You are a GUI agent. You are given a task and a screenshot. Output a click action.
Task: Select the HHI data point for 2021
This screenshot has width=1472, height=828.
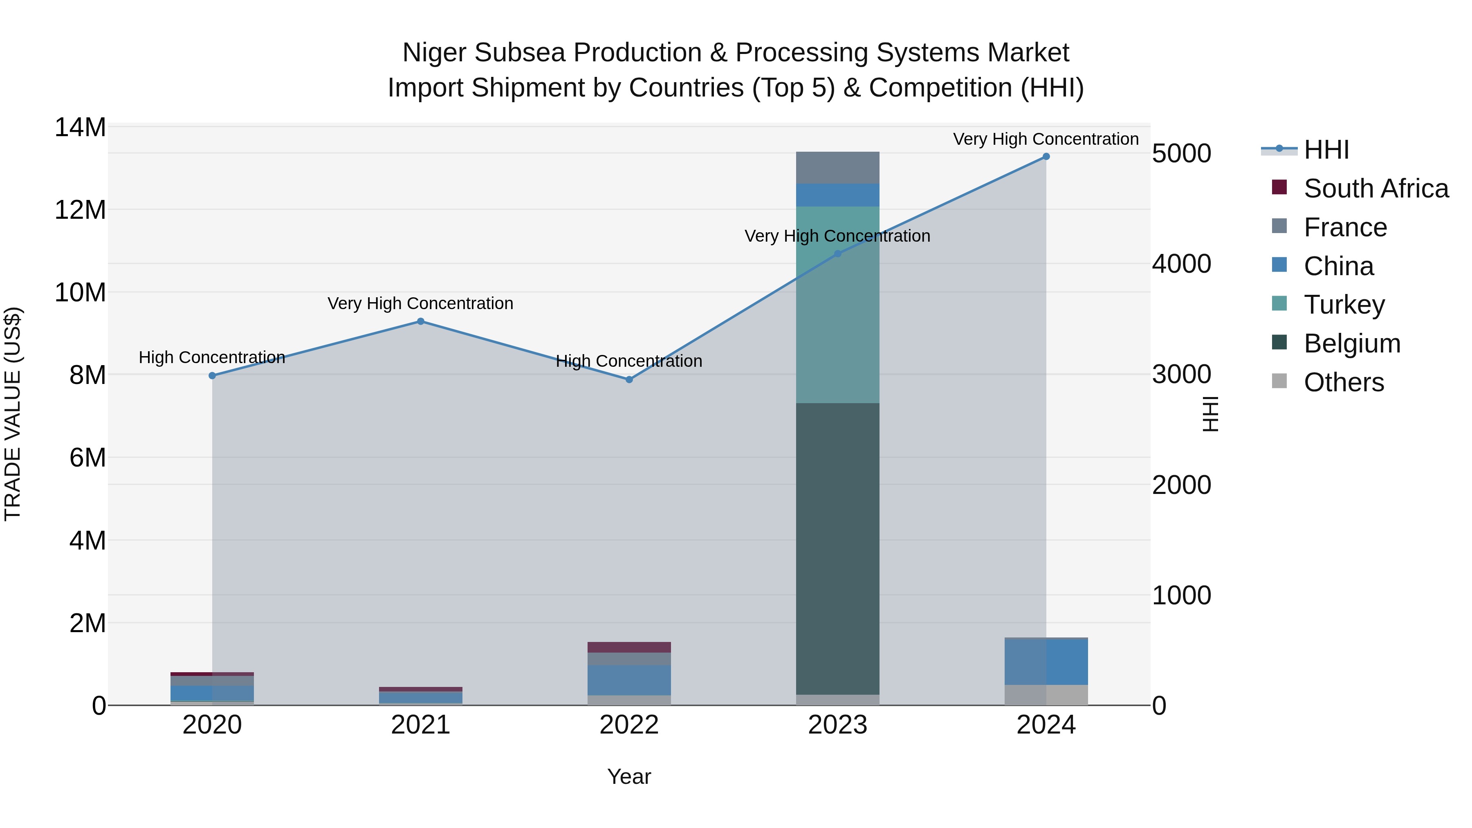tap(421, 322)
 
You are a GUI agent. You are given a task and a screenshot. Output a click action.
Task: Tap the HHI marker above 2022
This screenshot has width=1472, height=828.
tap(629, 379)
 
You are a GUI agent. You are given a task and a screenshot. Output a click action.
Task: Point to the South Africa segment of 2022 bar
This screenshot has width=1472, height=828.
tap(629, 647)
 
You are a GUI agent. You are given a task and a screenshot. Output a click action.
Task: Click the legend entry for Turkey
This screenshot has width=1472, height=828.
tap(1344, 305)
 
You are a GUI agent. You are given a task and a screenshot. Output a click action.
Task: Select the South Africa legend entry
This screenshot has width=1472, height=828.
tap(1376, 188)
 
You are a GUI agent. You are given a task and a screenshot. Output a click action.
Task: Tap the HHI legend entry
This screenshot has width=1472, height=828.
tap(1326, 150)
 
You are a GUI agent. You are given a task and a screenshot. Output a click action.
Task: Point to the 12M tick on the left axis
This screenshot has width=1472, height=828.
tap(80, 210)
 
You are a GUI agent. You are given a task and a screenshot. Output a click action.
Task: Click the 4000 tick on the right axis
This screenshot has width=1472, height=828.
tap(1181, 264)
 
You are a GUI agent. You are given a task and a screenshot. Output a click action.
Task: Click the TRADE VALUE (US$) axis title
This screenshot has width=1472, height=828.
tap(13, 414)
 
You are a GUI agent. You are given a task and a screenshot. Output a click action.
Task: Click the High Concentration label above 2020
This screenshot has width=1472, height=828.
tap(211, 358)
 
